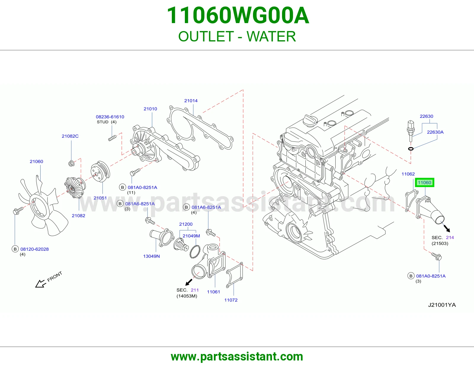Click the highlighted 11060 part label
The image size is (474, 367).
point(425,182)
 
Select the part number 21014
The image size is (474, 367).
point(191,101)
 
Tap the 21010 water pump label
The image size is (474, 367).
point(150,109)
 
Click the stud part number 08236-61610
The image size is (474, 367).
point(110,117)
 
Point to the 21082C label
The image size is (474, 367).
point(70,136)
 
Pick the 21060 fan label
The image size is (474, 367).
point(36,162)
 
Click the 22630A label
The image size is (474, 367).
point(435,132)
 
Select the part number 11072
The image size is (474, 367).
point(231,300)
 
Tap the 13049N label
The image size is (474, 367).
point(151,256)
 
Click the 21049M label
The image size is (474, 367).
point(191,236)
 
